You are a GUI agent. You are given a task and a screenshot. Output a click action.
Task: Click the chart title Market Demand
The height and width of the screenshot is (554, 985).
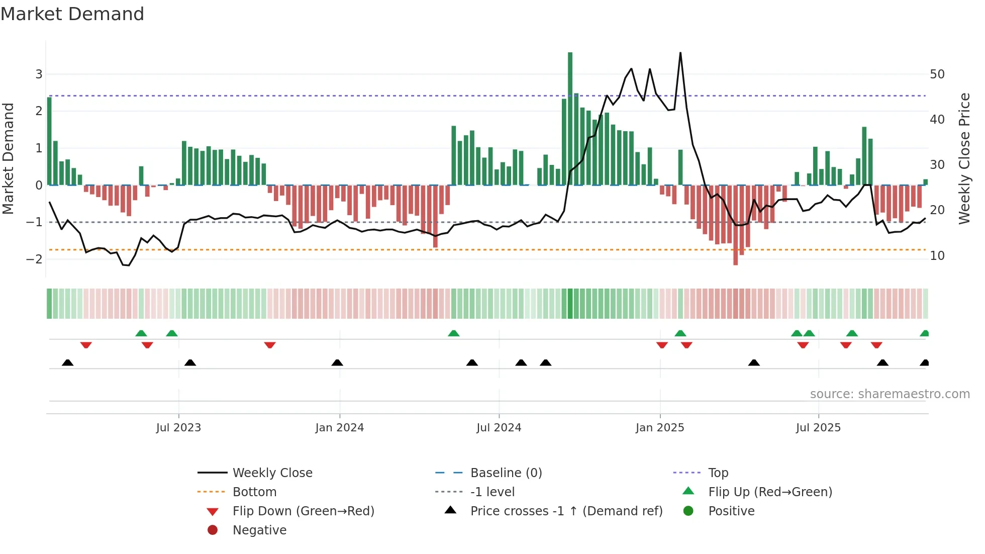pos(72,14)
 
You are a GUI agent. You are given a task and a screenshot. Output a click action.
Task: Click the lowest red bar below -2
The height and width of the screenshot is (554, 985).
pos(735,226)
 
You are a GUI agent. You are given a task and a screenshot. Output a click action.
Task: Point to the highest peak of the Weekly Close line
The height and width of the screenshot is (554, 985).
pos(680,53)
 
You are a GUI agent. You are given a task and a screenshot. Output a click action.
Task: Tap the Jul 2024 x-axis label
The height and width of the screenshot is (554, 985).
pos(499,428)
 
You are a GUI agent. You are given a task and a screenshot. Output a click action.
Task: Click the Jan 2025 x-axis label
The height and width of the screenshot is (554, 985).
pos(659,428)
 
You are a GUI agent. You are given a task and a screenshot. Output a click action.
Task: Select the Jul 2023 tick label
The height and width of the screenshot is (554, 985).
pos(178,428)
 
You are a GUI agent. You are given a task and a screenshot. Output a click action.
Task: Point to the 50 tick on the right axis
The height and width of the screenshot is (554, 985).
pos(937,74)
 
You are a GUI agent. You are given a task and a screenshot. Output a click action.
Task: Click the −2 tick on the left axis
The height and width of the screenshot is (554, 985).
pos(35,259)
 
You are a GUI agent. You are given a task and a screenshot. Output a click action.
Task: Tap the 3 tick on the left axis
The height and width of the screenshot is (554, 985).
pos(39,74)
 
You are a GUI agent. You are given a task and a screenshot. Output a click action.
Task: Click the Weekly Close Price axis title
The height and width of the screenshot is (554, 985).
pos(964,158)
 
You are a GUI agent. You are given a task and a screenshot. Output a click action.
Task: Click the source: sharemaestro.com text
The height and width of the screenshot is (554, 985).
pos(890,394)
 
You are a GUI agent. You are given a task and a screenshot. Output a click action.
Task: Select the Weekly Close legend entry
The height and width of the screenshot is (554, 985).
pos(272,473)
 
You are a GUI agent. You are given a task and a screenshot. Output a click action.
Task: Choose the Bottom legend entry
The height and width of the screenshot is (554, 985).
pos(254,492)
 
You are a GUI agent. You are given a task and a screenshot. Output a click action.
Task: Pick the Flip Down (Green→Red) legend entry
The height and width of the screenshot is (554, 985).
pos(303,511)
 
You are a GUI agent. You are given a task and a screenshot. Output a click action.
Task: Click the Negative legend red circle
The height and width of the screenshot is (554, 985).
pos(213,530)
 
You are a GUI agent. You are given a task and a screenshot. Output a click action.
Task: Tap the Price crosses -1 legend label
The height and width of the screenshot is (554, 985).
pos(566,511)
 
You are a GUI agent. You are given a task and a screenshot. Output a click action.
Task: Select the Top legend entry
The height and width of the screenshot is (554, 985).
pos(718,473)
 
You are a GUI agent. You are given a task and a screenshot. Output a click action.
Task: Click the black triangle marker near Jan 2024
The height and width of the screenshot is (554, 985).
pos(337,362)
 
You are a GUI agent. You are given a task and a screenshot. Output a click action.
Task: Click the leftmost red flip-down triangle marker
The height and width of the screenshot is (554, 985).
pos(86,345)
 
